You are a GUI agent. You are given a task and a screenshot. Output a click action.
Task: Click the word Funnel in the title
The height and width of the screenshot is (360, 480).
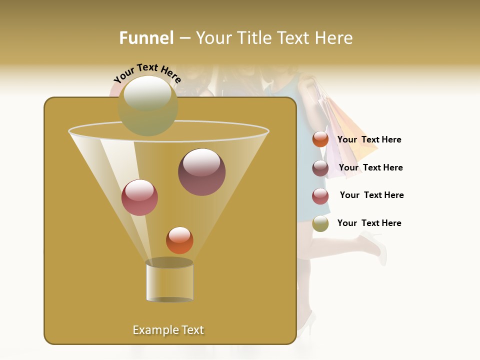click(146, 38)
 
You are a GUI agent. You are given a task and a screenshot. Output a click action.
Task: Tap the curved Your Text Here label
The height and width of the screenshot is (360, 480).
click(147, 72)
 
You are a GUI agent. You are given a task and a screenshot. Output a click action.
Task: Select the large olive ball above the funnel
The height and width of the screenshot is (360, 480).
click(148, 106)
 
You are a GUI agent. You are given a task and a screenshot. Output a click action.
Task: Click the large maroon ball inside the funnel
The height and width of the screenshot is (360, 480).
click(202, 172)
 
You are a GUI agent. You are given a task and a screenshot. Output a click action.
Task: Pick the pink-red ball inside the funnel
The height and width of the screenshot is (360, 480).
click(139, 197)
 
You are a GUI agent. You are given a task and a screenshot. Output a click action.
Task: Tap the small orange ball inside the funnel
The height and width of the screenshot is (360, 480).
click(179, 240)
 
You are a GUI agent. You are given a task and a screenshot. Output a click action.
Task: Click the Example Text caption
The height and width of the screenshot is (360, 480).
click(168, 330)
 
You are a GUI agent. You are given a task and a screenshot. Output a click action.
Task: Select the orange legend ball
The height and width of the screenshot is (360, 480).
click(320, 139)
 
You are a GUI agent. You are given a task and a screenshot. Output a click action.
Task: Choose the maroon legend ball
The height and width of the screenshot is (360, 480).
click(320, 168)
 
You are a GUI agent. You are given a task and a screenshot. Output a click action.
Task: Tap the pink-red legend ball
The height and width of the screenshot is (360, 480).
click(320, 196)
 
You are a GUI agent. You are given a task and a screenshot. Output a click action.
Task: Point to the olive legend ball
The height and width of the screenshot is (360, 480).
click(320, 224)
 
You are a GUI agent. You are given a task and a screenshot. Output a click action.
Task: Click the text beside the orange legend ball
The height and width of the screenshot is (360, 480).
click(369, 139)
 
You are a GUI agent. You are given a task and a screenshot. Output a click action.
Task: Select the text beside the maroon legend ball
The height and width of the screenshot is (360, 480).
click(370, 167)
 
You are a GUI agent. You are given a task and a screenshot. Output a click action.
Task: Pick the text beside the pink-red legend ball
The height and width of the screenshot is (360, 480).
click(371, 195)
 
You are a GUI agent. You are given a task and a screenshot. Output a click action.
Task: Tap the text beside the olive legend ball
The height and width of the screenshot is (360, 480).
click(369, 223)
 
